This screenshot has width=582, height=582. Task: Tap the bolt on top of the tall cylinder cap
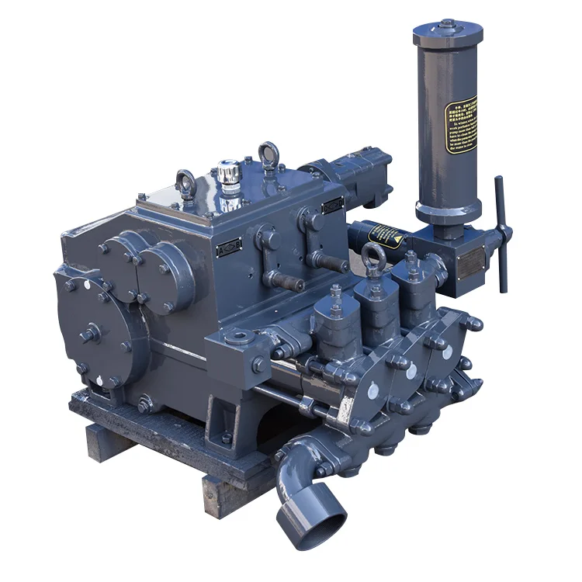pyautogui.click(x=448, y=23)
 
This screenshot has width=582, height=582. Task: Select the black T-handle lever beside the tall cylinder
pyautogui.click(x=501, y=233)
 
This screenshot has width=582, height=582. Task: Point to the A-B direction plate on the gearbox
pyautogui.click(x=229, y=249)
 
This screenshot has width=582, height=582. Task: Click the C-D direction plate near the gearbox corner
pyautogui.click(x=333, y=206)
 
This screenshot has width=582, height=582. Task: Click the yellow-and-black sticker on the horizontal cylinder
pyautogui.click(x=386, y=233)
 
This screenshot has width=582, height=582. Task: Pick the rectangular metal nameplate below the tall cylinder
pyautogui.click(x=470, y=264)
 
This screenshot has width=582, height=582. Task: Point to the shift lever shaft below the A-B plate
pyautogui.click(x=284, y=282)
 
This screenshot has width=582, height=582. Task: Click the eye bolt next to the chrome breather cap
pyautogui.click(x=186, y=183)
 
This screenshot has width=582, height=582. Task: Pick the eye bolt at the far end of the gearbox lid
pyautogui.click(x=268, y=154)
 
